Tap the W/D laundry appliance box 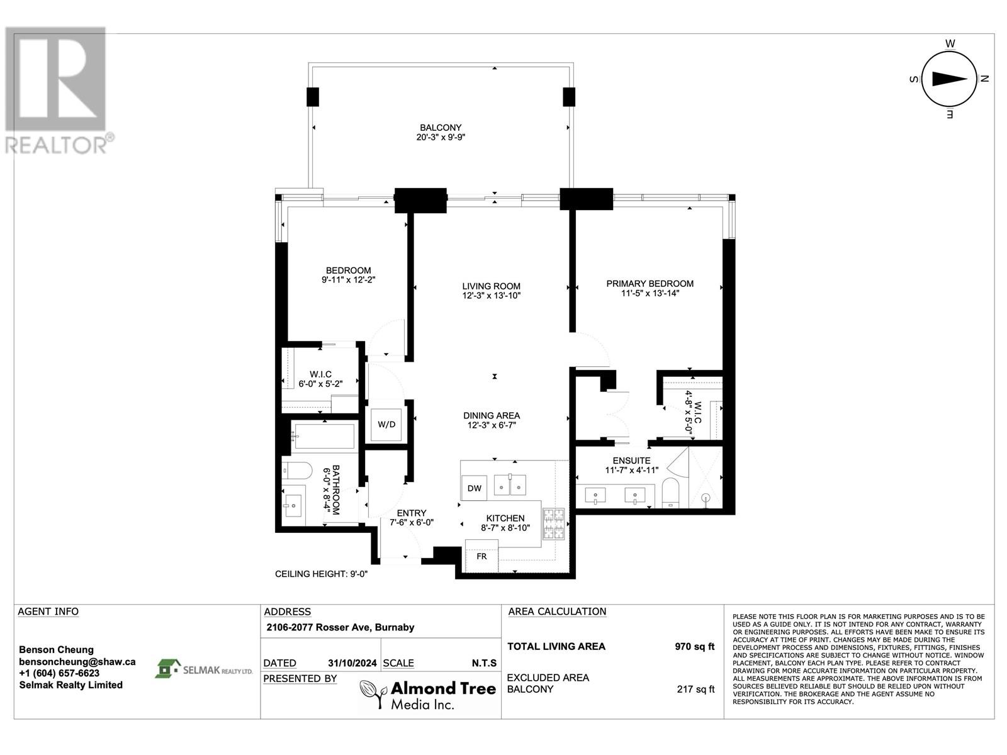(386, 425)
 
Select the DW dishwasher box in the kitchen (475, 488)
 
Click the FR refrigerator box (481, 556)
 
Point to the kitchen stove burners (554, 523)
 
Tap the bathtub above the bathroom (323, 437)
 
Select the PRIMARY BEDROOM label (650, 284)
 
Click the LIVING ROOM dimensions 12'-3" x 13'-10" (492, 296)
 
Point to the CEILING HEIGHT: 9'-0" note (321, 574)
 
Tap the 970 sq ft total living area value (694, 646)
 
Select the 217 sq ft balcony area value (695, 689)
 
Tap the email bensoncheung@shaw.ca (77, 662)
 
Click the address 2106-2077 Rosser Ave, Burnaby (340, 627)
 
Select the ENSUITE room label (632, 461)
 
